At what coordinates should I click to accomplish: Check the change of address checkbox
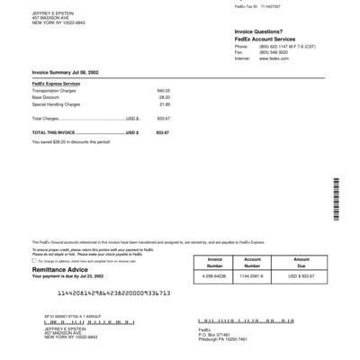(x=34, y=262)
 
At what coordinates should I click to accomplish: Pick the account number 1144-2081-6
(x=258, y=275)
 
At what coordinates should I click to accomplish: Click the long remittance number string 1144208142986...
(x=113, y=294)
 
